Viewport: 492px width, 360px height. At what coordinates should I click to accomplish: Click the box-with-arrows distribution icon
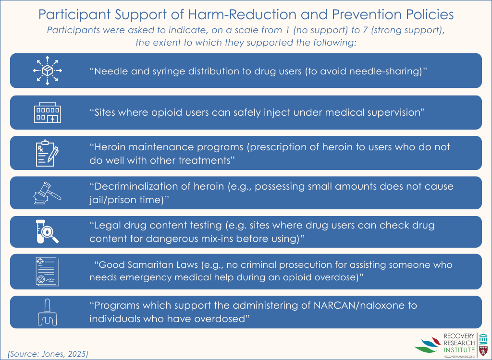tap(48, 71)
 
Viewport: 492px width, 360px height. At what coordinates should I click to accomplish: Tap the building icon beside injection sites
tap(48, 112)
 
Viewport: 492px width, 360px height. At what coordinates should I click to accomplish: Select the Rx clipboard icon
tap(47, 153)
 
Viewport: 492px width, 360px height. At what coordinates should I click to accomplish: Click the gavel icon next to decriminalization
tap(47, 193)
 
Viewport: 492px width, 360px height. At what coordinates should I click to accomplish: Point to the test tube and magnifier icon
tap(47, 231)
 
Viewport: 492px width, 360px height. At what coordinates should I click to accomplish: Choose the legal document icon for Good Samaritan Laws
tap(48, 272)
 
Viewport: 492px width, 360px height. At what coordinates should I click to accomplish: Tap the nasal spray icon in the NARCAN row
tap(48, 312)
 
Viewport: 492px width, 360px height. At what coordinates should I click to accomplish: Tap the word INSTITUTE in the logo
tap(459, 349)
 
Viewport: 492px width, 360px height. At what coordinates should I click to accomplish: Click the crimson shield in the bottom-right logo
tap(483, 350)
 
